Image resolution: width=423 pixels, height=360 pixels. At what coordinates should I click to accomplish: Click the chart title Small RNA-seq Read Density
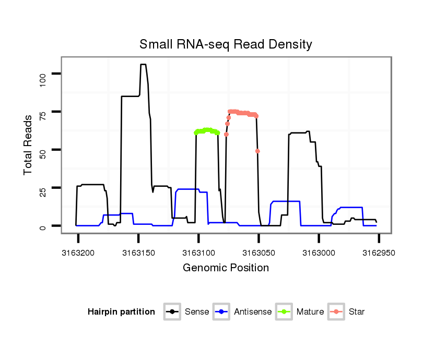coord(226,44)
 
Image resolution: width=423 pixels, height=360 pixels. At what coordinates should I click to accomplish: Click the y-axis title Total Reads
coord(29,145)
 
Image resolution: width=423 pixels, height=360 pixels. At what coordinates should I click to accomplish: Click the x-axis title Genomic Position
coord(226,268)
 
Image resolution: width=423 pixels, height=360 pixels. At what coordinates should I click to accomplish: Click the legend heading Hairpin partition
coord(121,312)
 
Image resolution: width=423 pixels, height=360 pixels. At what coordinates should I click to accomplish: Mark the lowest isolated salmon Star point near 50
coord(257,151)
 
